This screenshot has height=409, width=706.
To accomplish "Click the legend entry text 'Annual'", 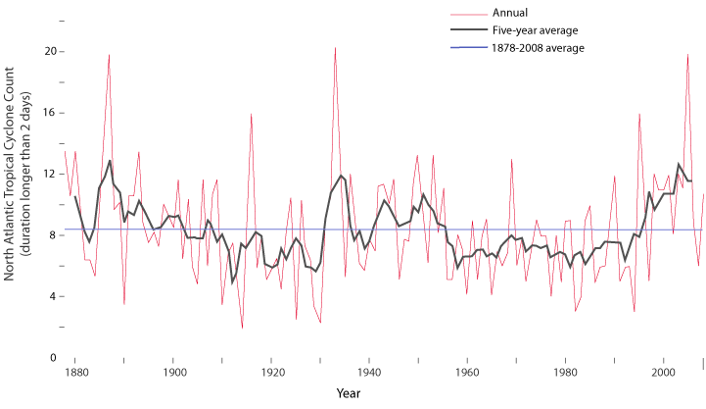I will pyautogui.click(x=510, y=14).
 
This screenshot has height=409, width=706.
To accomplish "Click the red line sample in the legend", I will pyautogui.click(x=468, y=14).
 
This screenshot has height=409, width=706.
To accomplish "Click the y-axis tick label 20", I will pyautogui.click(x=50, y=51).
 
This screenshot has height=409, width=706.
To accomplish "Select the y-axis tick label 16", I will pyautogui.click(x=50, y=113).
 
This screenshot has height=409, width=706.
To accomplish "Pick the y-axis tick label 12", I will pyautogui.click(x=50, y=174).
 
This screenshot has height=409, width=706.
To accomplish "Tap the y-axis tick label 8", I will pyautogui.click(x=53, y=235).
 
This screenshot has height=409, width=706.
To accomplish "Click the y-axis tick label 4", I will pyautogui.click(x=53, y=296).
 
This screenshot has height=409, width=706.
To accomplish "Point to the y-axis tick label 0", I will pyautogui.click(x=53, y=358).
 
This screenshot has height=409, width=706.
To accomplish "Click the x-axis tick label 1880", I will pyautogui.click(x=76, y=373).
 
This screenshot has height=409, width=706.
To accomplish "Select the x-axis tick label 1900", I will pyautogui.click(x=174, y=373).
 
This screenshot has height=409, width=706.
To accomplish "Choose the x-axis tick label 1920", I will pyautogui.click(x=272, y=373).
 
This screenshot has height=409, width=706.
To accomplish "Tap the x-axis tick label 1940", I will pyautogui.click(x=369, y=373).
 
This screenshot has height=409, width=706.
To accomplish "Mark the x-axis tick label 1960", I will pyautogui.click(x=467, y=373).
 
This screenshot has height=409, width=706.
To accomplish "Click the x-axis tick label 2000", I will pyautogui.click(x=662, y=373).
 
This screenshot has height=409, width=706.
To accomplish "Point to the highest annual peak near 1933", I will pyautogui.click(x=335, y=47).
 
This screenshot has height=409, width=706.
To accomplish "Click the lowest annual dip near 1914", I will pyautogui.click(x=242, y=328).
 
